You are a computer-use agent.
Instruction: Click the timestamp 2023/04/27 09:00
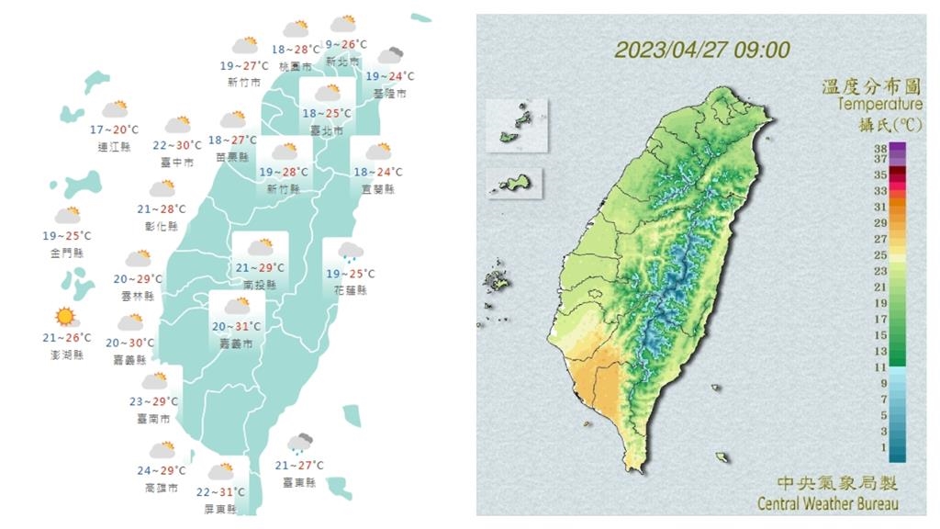pyautogui.click(x=701, y=50)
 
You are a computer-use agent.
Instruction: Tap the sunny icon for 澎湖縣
pyautogui.click(x=65, y=318)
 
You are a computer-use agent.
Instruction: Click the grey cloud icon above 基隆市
pyautogui.click(x=390, y=56)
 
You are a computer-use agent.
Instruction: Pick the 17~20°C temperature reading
pyautogui.click(x=115, y=130)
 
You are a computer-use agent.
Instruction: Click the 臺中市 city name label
pyautogui.click(x=176, y=163)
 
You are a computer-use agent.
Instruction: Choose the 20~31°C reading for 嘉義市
pyautogui.click(x=237, y=326)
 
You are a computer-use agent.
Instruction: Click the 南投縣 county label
pyautogui.click(x=259, y=286)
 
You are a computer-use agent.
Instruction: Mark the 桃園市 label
pyautogui.click(x=294, y=66)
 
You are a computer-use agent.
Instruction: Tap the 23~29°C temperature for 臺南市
pyautogui.click(x=154, y=401)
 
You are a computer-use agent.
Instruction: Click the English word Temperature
pyautogui.click(x=879, y=105)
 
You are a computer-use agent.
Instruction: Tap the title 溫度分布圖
pyautogui.click(x=871, y=87)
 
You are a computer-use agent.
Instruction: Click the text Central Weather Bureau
pyautogui.click(x=828, y=503)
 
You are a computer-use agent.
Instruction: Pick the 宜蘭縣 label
pyautogui.click(x=376, y=189)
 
